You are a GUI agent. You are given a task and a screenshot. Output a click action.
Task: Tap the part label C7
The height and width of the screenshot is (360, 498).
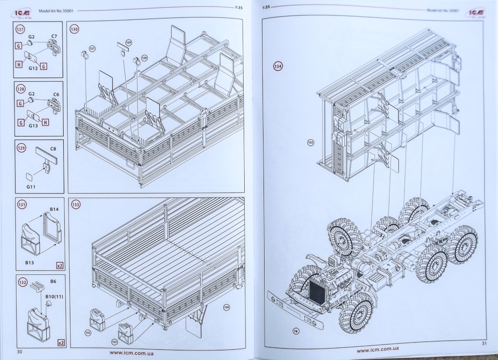pos(54,37)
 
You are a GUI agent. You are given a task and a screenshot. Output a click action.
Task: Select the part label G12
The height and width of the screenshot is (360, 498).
pos(33,68)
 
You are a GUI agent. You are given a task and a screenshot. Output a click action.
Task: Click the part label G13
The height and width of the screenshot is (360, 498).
pos(33,126)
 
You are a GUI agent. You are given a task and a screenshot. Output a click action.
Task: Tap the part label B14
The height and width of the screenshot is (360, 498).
pos(54,209)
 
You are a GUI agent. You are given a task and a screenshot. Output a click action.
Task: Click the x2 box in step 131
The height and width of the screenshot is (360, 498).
pos(60,266)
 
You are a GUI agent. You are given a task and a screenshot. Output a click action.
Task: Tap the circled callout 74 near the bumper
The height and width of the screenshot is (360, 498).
pos(296,331)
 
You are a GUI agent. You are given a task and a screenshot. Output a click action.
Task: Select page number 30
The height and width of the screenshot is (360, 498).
pos(20,351)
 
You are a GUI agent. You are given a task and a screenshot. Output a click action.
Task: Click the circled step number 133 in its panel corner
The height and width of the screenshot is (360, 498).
pos(75,204)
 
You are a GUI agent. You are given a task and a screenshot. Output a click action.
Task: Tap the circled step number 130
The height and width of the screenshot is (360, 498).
pos(74,29)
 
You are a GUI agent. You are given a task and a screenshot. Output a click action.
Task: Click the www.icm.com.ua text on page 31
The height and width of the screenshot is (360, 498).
pos(378,350)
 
